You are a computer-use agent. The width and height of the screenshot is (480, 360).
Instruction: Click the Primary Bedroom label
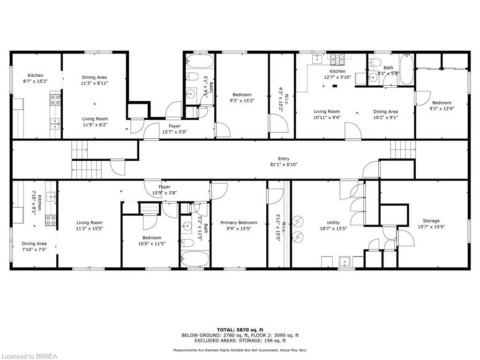tap(239, 223)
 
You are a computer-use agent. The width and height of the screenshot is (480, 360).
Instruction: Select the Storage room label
tap(431, 221)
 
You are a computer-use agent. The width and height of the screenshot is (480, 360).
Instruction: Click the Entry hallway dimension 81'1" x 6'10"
tap(284, 165)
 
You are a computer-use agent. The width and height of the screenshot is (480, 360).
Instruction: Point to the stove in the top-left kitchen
tap(55, 99)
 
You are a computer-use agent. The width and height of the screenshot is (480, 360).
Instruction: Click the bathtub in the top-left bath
tap(200, 61)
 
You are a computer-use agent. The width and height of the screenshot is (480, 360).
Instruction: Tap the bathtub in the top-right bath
tap(406, 69)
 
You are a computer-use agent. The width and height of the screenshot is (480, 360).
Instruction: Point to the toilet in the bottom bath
tap(187, 242)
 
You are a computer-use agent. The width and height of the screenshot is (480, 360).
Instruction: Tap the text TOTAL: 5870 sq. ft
tap(240, 330)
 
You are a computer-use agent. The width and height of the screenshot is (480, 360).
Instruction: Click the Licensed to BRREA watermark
tap(29, 356)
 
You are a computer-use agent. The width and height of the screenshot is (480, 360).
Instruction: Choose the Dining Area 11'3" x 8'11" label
tap(94, 80)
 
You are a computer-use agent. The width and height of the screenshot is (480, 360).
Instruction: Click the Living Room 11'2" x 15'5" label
tap(90, 225)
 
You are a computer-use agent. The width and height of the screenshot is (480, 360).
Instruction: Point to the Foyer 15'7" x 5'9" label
tap(174, 129)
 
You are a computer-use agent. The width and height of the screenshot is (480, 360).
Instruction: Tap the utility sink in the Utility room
tap(346, 261)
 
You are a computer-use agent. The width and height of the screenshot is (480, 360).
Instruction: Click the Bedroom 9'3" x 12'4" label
tap(442, 106)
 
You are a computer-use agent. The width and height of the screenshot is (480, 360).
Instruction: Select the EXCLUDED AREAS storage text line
tap(240, 341)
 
